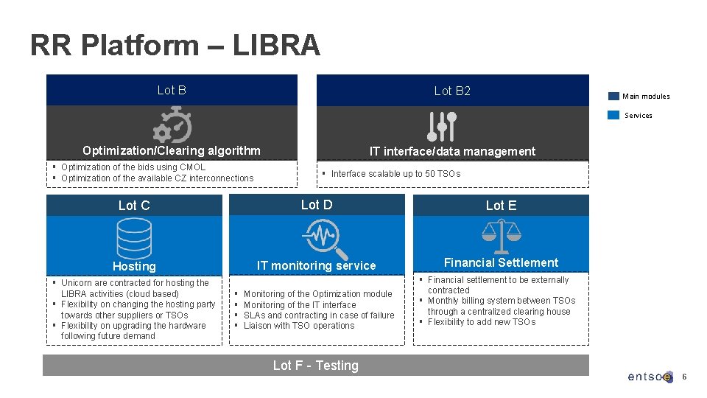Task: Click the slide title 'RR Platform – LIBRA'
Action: tap(175, 46)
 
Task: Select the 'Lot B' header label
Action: tap(172, 90)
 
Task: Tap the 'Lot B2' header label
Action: tap(452, 91)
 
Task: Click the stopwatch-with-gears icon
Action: tap(172, 125)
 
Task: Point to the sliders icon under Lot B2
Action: tap(442, 126)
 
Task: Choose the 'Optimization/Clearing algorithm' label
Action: tap(172, 150)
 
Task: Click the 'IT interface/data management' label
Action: tap(452, 151)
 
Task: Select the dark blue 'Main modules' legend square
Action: tap(613, 96)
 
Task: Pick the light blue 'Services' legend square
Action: tap(613, 115)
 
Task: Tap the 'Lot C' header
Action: tap(134, 206)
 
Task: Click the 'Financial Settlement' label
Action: tap(501, 262)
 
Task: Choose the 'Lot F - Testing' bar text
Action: tap(315, 366)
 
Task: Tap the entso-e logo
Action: tap(650, 377)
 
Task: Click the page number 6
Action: tap(684, 377)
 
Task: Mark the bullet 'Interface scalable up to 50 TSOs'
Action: tap(395, 174)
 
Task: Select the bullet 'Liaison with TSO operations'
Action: tap(299, 326)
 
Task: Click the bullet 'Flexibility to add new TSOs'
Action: tap(482, 322)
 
